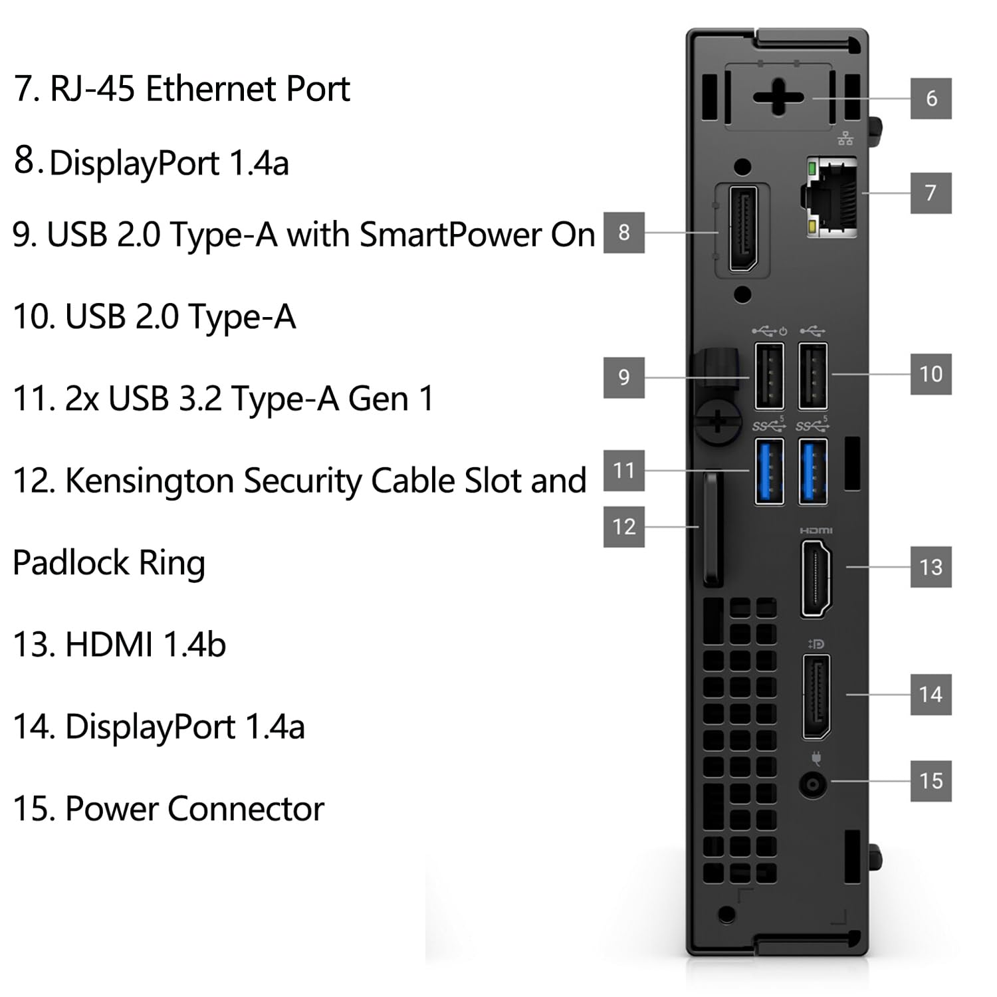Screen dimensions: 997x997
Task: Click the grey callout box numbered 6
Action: [x=931, y=98]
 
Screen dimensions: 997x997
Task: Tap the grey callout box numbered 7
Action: [x=931, y=193]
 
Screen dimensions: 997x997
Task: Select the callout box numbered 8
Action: [x=623, y=233]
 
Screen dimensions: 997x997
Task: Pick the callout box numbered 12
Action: [x=623, y=527]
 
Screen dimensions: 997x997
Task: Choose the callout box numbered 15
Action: [x=931, y=780]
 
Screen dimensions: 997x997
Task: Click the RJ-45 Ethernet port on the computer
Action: [x=831, y=197]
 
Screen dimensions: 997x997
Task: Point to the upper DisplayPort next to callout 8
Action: [x=743, y=230]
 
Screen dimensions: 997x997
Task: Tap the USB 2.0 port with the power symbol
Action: [x=769, y=376]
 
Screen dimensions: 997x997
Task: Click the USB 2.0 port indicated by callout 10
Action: [x=813, y=376]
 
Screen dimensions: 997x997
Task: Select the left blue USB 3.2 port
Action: [x=769, y=472]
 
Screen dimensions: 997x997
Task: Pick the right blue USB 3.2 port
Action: [x=813, y=472]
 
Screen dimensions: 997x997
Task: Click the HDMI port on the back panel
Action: [x=816, y=578]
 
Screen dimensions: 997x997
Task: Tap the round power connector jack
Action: [x=813, y=786]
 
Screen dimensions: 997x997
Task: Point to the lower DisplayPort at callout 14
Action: [x=816, y=697]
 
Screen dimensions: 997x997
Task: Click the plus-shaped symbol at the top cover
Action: [x=778, y=98]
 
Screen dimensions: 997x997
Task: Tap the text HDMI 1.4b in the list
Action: [x=145, y=644]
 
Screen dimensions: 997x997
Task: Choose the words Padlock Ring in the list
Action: [x=109, y=563]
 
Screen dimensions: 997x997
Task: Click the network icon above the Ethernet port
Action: [x=845, y=138]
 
